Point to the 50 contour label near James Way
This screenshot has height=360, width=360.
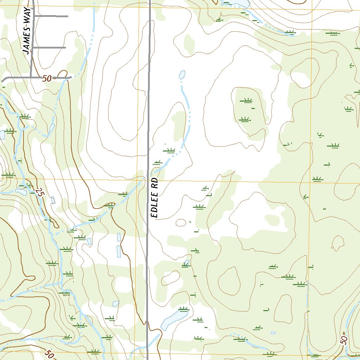tap(47, 79)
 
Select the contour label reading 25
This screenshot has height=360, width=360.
tap(40, 193)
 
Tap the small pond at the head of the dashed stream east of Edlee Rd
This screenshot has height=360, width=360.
tap(182, 75)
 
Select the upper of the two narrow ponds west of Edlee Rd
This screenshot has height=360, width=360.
tap(119, 237)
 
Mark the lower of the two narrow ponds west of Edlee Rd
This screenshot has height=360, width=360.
tap(118, 251)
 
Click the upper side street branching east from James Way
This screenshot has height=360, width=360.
tap(51, 16)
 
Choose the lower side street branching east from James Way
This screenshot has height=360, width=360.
tap(49, 47)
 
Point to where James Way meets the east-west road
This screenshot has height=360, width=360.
tap(31, 77)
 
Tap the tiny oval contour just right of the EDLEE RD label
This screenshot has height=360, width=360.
tap(181, 223)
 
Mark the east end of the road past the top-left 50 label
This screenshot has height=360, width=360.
tap(71, 77)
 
